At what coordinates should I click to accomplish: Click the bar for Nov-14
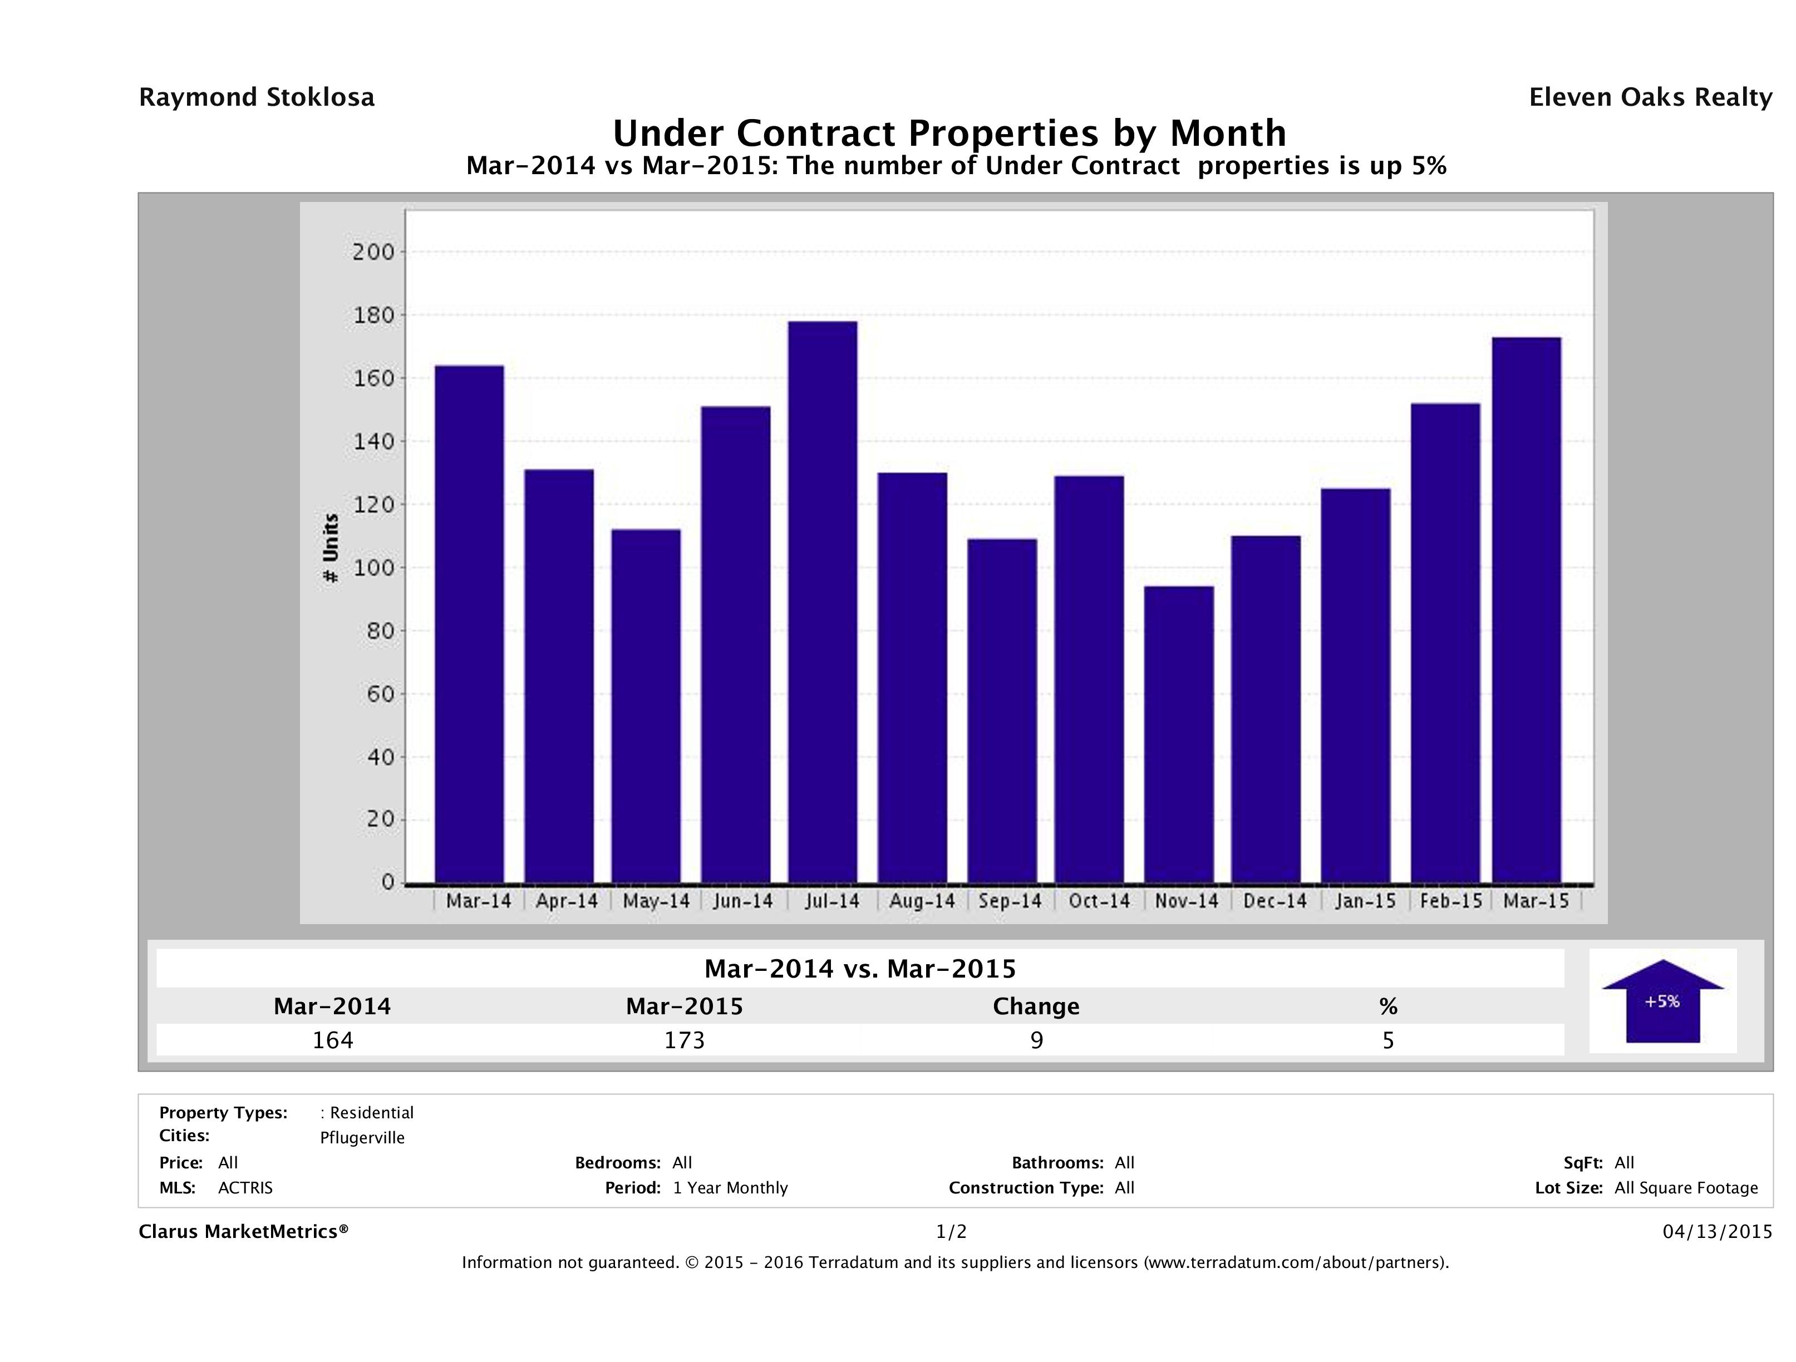coord(1179,734)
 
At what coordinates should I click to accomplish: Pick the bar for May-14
coord(646,706)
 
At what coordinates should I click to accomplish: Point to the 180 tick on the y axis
coord(373,315)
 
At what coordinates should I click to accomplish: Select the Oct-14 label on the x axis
coord(1099,901)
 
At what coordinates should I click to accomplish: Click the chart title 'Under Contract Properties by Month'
coord(949,132)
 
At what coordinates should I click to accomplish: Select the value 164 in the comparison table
coord(333,1040)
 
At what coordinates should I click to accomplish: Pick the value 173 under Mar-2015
coord(685,1040)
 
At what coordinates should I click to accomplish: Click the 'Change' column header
coord(1036,1006)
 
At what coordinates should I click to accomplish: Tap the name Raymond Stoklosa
coord(257,97)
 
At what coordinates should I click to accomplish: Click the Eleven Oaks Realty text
coord(1650,97)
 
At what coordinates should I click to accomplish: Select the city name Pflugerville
coord(362,1138)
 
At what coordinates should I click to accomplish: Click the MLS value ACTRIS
coord(245,1187)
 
